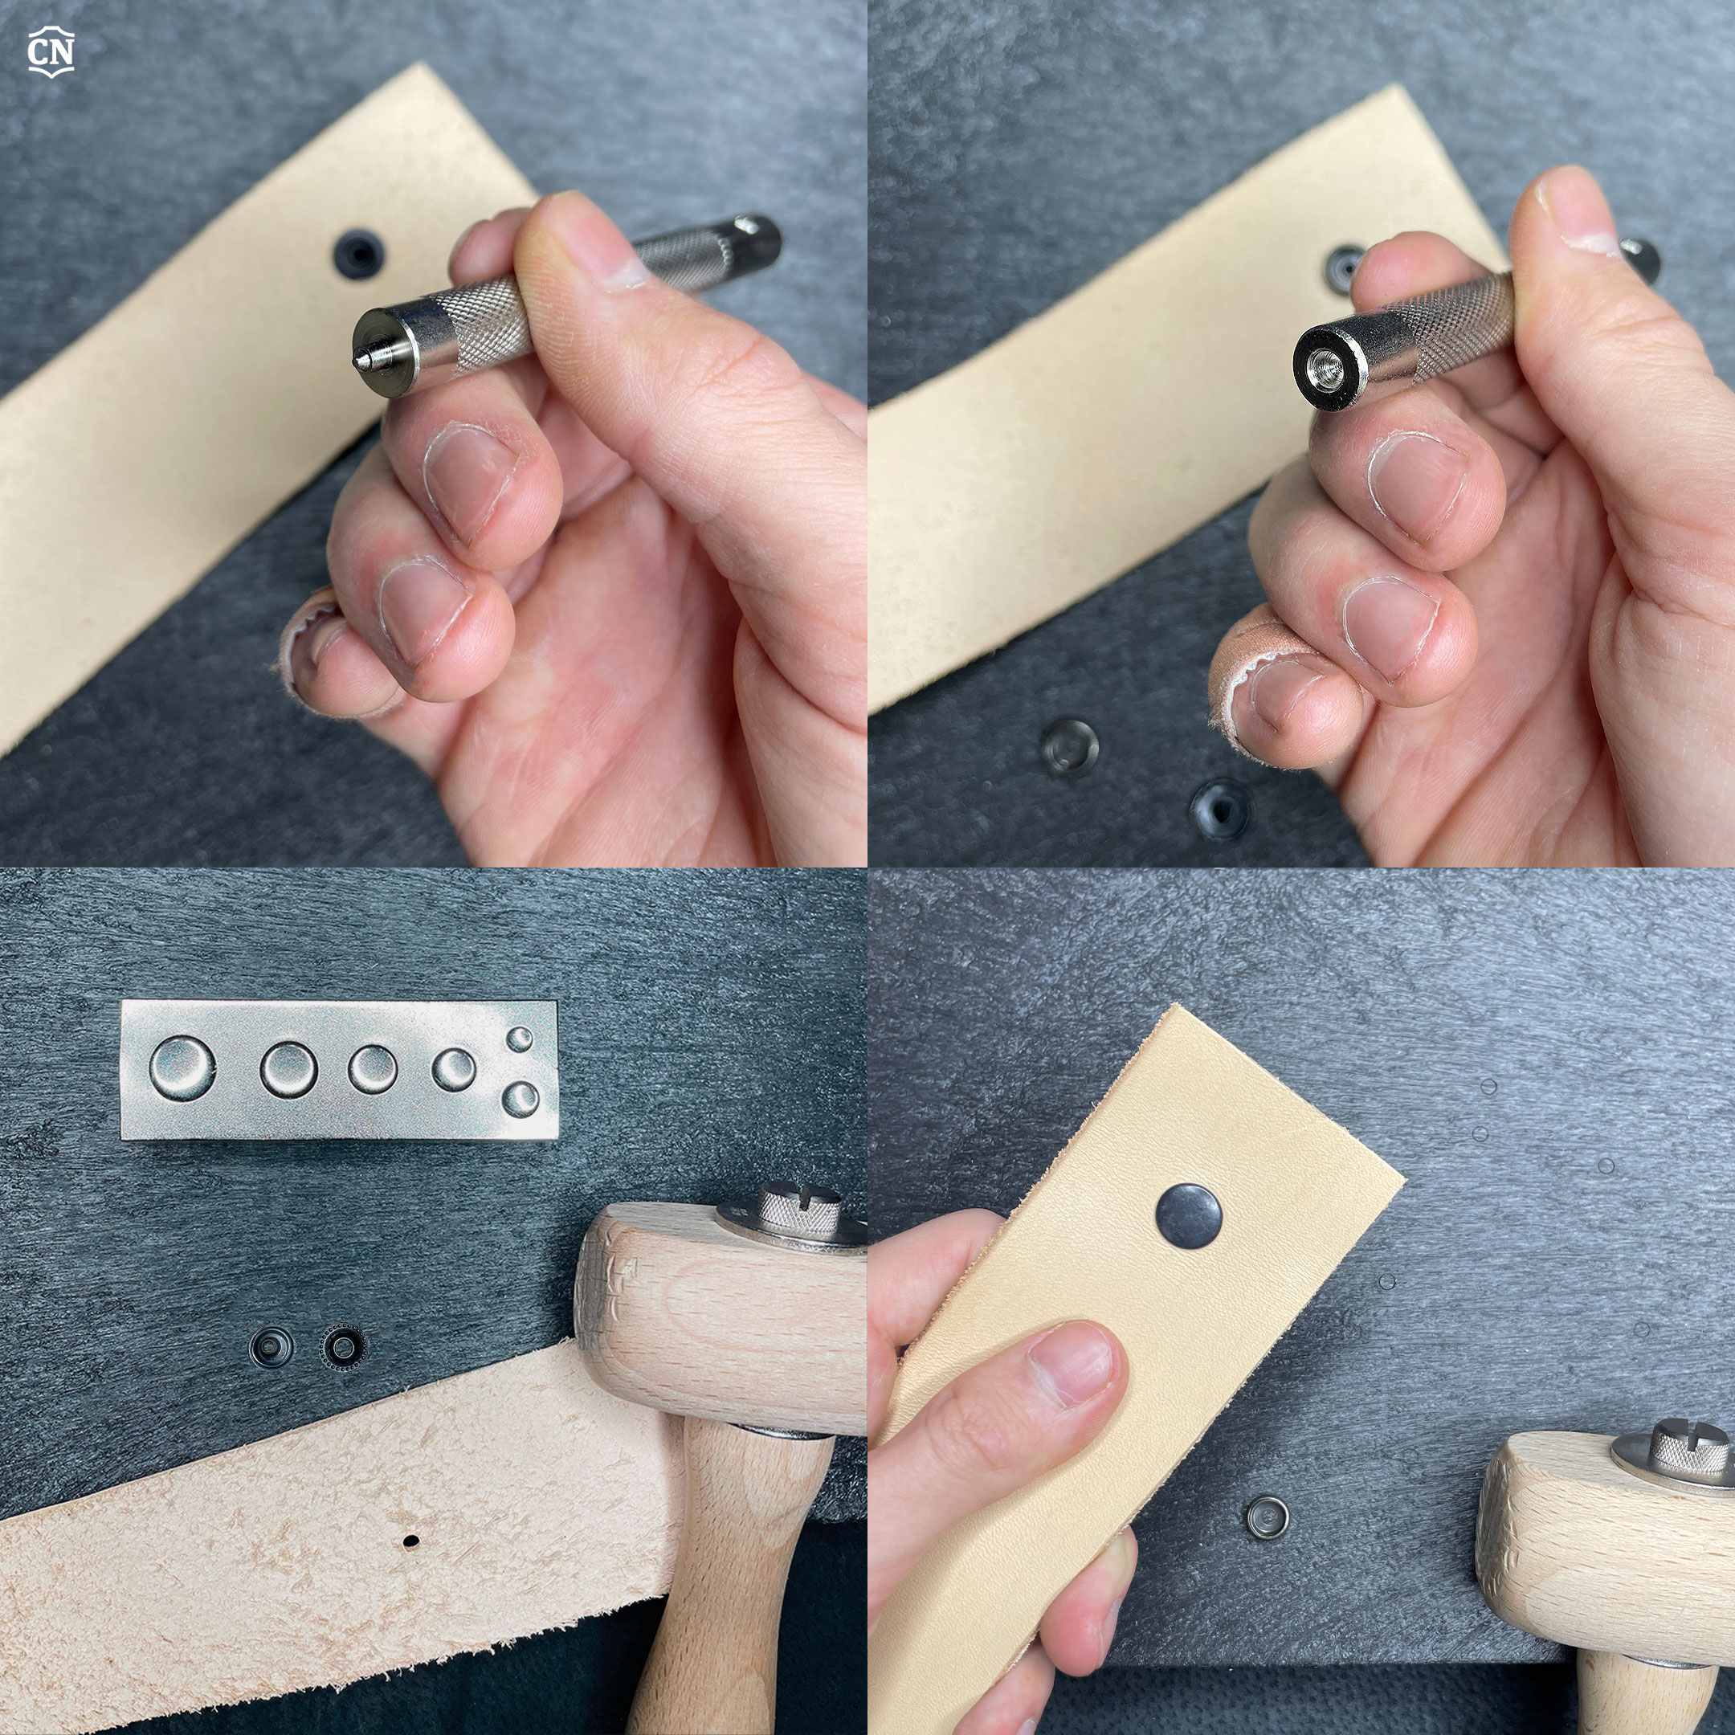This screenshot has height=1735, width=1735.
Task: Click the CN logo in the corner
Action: click(51, 52)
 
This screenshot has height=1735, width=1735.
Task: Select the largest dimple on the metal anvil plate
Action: click(182, 1068)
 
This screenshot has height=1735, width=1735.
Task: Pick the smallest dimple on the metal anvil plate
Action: click(520, 1040)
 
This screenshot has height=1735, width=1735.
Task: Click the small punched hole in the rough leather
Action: click(411, 1541)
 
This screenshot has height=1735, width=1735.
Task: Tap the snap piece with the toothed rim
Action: click(342, 1346)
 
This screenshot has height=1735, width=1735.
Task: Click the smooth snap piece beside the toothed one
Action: click(271, 1346)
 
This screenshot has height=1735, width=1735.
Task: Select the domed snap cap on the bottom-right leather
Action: click(1189, 1215)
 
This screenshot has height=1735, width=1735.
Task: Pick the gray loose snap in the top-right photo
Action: click(1070, 747)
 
